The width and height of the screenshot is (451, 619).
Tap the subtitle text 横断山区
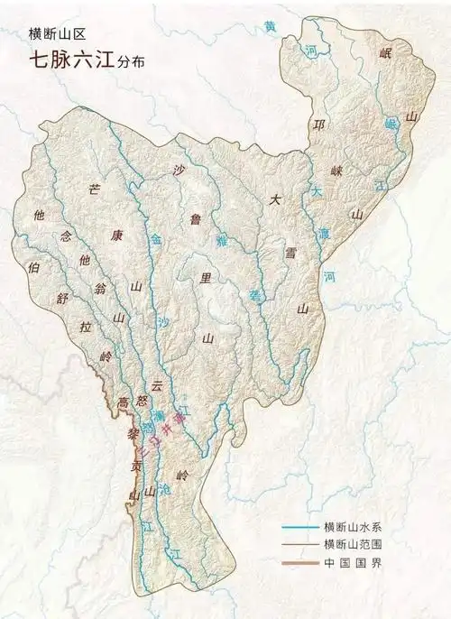53,33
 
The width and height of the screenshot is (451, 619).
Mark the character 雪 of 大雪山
290,254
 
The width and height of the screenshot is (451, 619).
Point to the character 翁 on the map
100,289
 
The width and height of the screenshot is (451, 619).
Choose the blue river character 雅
221,241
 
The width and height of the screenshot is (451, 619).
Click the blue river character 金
156,241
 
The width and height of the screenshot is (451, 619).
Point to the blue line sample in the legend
299,527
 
